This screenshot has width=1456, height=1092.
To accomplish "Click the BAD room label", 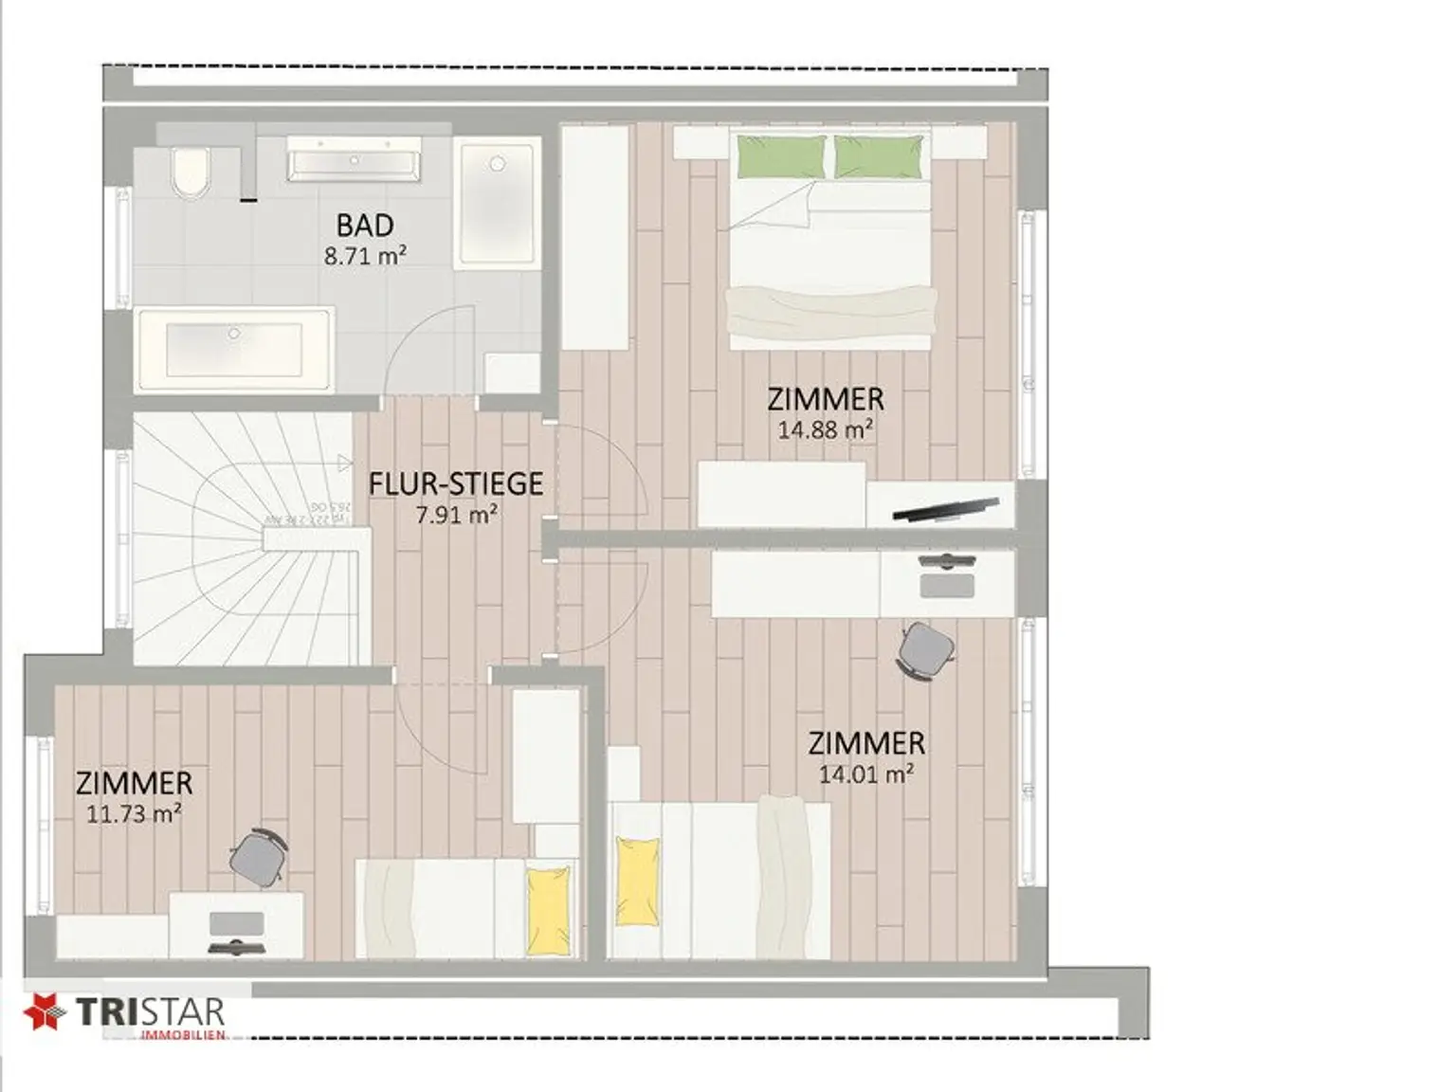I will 365,226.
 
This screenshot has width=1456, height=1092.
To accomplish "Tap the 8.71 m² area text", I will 365,255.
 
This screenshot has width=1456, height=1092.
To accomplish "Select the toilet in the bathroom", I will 191,173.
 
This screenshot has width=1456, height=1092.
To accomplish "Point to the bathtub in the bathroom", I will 234,349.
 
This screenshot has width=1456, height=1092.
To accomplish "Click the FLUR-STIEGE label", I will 456,483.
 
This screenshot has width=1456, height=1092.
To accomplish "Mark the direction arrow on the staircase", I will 343,463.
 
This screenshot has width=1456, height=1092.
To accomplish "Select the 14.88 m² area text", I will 825,429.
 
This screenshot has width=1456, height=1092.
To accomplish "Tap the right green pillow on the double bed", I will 878,156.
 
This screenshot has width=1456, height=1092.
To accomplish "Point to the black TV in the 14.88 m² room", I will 945,510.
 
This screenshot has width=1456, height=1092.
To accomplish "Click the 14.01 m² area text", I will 865,773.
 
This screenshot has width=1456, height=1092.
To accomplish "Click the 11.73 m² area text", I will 134,813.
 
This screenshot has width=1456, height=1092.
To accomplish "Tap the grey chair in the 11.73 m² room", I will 258,857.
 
